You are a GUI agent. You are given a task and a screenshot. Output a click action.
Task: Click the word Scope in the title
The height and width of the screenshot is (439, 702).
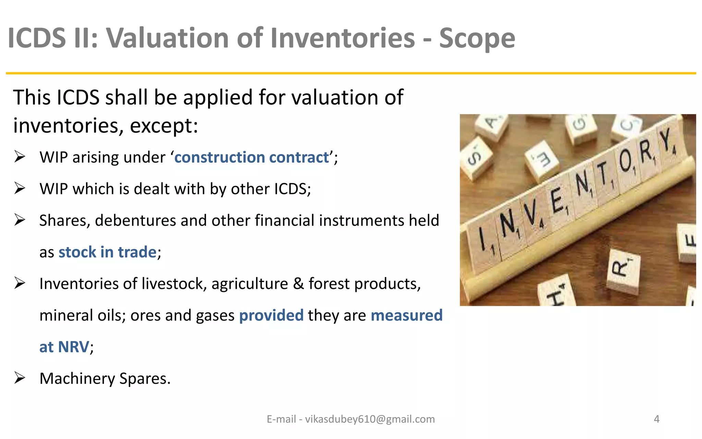click(477, 38)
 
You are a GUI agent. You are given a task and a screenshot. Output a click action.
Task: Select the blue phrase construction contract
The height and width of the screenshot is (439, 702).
click(252, 157)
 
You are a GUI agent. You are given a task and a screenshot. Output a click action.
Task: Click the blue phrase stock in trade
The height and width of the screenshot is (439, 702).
click(108, 252)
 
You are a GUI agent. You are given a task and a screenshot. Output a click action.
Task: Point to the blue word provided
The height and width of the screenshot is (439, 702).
click(271, 315)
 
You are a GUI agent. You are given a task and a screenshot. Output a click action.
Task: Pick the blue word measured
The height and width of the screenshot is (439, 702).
click(407, 315)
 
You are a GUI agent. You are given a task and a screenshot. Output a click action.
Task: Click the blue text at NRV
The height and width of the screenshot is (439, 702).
click(64, 347)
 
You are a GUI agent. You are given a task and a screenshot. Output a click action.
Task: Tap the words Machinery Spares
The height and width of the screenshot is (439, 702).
click(105, 379)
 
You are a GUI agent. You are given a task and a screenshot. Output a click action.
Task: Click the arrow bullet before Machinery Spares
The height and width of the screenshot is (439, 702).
click(20, 378)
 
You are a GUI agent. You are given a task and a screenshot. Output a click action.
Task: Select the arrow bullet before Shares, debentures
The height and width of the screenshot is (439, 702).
click(20, 220)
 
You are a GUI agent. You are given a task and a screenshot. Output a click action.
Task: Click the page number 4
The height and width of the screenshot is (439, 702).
click(656, 419)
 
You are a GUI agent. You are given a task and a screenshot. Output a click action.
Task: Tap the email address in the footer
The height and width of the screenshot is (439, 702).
click(370, 419)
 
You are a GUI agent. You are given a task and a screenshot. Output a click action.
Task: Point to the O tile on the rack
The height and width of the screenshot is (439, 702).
click(626, 161)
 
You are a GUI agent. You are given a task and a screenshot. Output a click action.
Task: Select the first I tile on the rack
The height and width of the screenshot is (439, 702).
click(483, 240)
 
